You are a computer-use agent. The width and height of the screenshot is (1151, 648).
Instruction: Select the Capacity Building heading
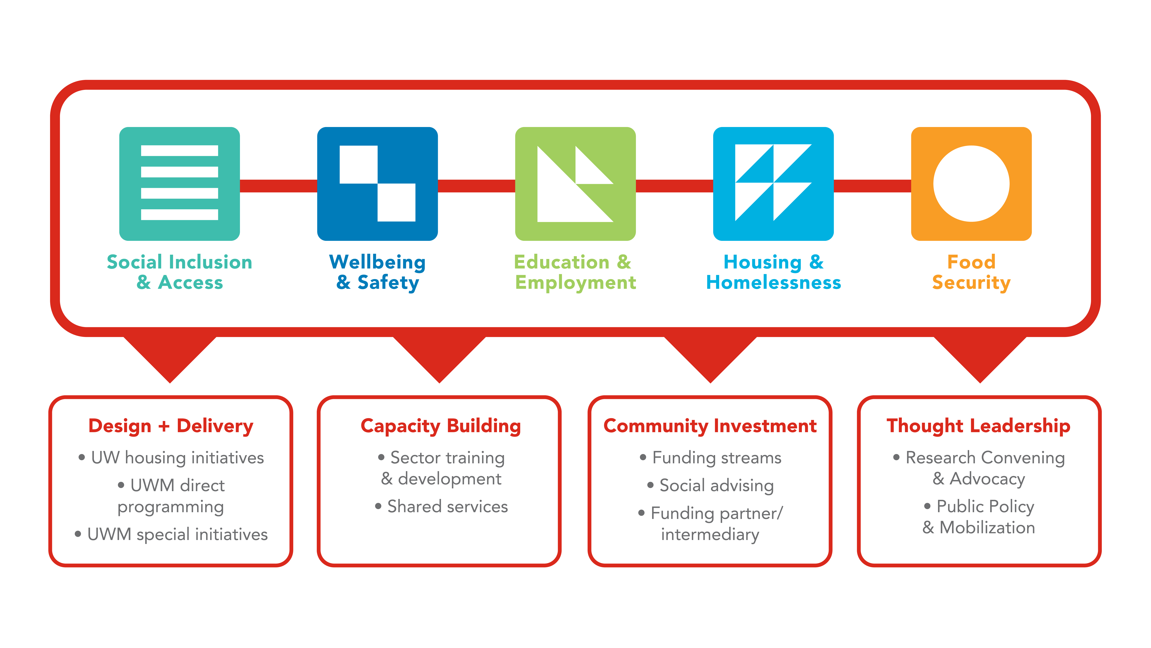[x=441, y=426]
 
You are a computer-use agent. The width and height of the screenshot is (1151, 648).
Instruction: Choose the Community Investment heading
[x=710, y=426]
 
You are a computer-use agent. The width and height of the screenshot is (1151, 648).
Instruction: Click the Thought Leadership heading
[x=979, y=426]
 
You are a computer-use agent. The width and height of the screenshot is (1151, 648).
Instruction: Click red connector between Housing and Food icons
[x=872, y=186]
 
